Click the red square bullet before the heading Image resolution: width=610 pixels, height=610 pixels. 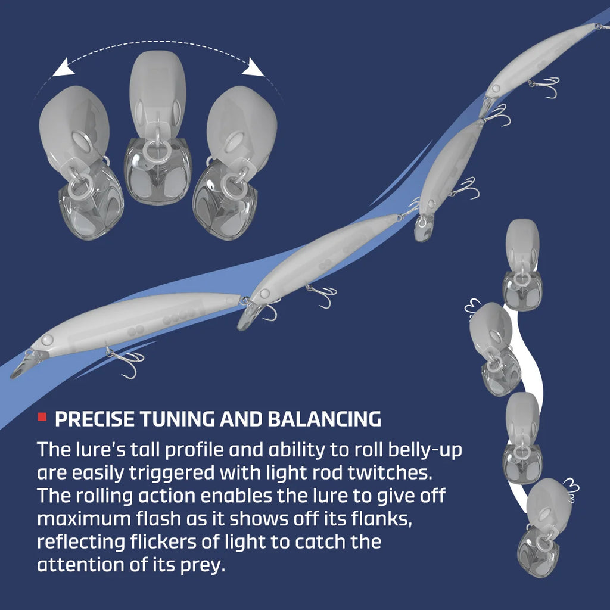(42, 417)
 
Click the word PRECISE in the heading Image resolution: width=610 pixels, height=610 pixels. (95, 419)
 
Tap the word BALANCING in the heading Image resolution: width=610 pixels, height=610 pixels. (325, 419)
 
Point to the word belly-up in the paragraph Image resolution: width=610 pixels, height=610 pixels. (425, 450)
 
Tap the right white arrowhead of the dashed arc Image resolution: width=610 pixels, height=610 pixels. (253, 67)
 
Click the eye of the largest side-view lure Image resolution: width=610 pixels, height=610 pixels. (47, 340)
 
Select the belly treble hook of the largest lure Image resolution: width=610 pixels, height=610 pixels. (125, 361)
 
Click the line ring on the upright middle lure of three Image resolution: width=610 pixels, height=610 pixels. (157, 150)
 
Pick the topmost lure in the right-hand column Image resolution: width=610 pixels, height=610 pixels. (522, 264)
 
